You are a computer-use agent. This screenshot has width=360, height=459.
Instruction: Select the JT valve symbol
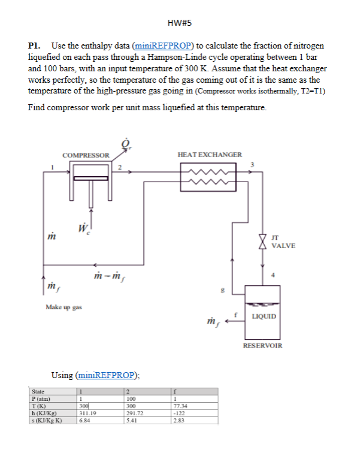point(261,240)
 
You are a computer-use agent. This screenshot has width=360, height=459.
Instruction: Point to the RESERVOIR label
point(262,346)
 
